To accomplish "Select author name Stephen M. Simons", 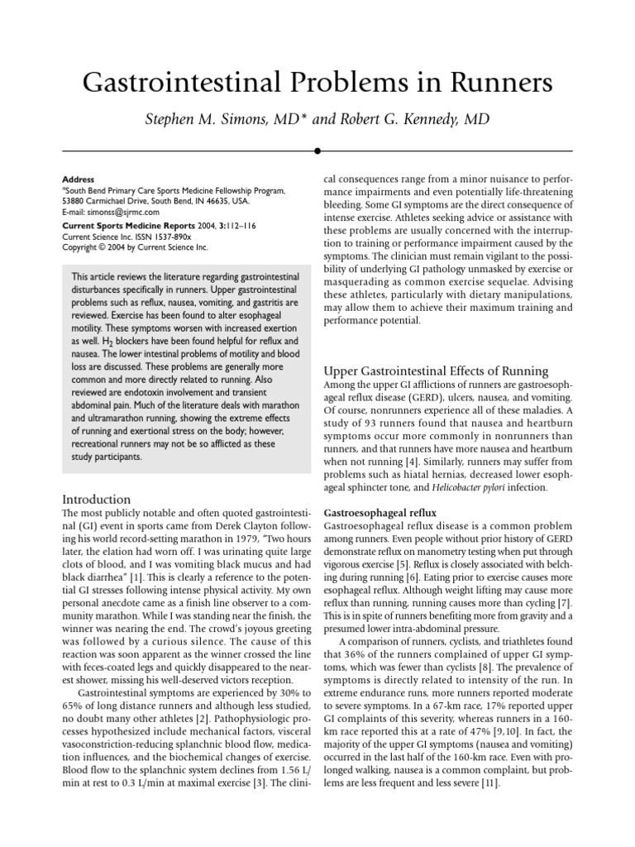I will pyautogui.click(x=216, y=121).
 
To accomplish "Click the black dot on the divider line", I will pyautogui.click(x=317, y=151).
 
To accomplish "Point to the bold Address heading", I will pyautogui.click(x=79, y=179).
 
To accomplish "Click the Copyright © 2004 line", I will pyautogui.click(x=135, y=247).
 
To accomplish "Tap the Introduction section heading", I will pyautogui.click(x=97, y=500).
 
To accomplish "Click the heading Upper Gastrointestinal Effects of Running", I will pyautogui.click(x=435, y=371).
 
